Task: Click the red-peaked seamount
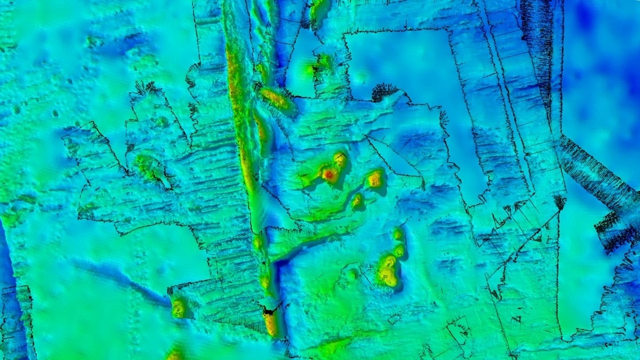329,174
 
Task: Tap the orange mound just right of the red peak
375,179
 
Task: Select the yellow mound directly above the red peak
340,159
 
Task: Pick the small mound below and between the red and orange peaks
357,201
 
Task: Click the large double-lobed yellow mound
387,270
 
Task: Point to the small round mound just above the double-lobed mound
399,249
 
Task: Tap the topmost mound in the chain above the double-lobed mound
397,234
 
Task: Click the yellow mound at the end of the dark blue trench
178,308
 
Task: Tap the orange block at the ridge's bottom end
271,322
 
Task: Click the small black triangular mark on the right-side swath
559,202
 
